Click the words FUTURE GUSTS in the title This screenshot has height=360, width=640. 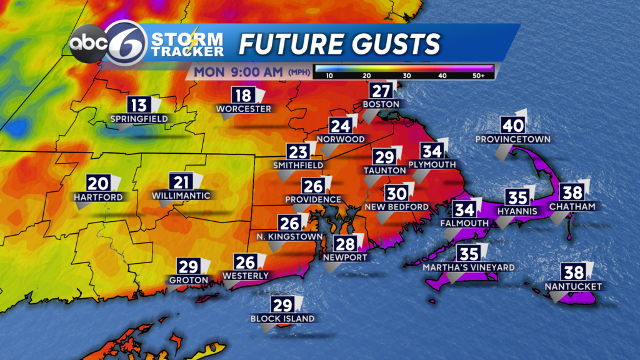(340, 44)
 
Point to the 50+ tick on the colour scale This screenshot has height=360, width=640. (484, 75)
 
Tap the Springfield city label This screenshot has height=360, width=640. (139, 118)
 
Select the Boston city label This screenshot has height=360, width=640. (381, 103)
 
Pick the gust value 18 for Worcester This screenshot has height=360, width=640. (242, 95)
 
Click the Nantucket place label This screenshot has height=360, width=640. (573, 286)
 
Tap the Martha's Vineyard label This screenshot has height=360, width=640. (468, 267)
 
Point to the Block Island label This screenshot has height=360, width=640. (282, 319)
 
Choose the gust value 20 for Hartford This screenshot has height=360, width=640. (97, 183)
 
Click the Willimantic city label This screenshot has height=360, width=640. (181, 195)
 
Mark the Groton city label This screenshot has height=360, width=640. (188, 280)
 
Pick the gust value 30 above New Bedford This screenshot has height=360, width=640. (396, 193)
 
